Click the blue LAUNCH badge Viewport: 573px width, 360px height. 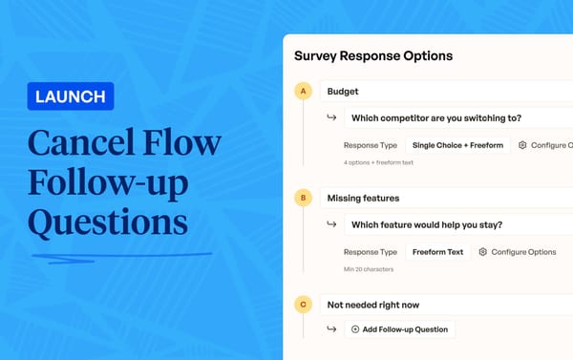click(72, 96)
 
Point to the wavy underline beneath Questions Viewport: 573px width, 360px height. click(119, 255)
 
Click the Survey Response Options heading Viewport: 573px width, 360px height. click(372, 56)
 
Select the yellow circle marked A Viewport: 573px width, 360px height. click(304, 92)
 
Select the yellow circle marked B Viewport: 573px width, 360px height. click(304, 199)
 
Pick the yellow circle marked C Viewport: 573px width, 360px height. click(304, 305)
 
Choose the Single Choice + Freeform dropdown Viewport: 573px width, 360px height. click(457, 145)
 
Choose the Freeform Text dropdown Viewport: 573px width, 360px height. click(437, 252)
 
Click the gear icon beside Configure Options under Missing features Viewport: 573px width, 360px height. click(483, 252)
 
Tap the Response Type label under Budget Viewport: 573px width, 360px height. click(370, 145)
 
